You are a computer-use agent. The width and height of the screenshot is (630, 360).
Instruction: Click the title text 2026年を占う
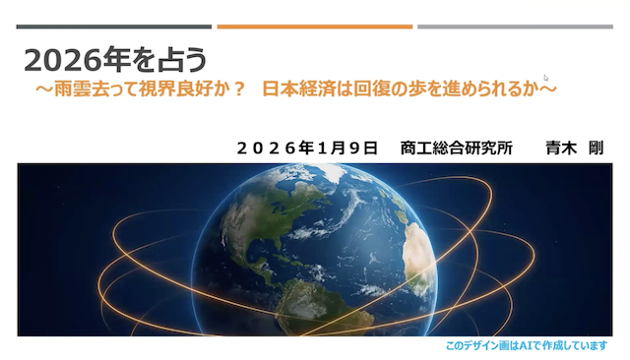(x=116, y=60)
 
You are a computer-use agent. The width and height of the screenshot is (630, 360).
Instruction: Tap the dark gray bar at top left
(x=114, y=27)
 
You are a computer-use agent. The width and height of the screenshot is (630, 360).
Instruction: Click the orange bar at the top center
(x=315, y=27)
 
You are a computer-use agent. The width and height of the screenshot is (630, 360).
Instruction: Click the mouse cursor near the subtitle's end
(x=546, y=78)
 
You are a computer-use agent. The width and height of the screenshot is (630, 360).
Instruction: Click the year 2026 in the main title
(x=58, y=60)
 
